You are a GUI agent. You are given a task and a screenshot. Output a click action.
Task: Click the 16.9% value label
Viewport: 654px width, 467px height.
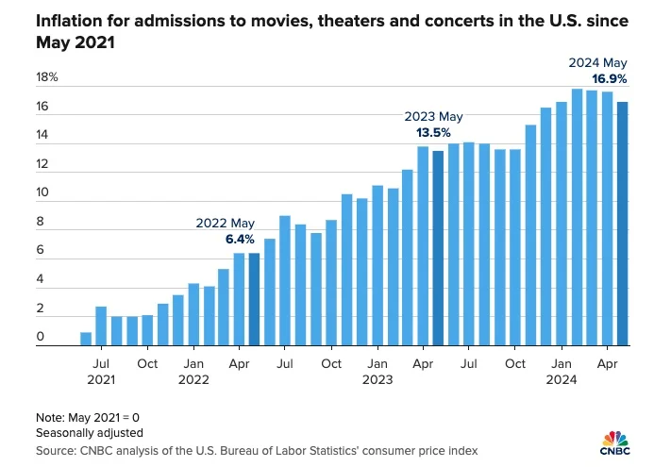(610, 78)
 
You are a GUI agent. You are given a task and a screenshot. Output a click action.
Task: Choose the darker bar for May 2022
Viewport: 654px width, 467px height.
(254, 299)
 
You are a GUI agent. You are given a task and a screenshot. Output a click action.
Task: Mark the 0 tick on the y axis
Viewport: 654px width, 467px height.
(41, 337)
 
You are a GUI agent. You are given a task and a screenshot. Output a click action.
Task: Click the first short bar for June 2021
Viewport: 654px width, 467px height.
(86, 339)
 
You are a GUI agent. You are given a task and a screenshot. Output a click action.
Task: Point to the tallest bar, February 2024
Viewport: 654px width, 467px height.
(577, 217)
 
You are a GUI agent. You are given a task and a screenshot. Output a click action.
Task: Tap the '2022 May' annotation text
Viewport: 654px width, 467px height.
(226, 224)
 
